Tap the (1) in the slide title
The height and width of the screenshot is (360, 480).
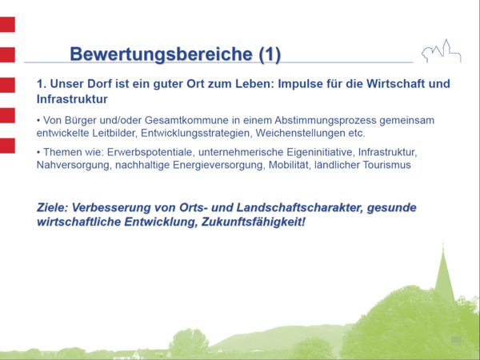(x=270, y=54)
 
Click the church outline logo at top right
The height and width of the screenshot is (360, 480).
(x=442, y=51)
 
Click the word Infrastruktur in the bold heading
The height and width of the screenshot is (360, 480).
(x=72, y=99)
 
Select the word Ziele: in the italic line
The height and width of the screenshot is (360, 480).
(x=54, y=207)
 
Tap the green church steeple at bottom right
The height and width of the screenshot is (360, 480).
(x=443, y=272)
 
